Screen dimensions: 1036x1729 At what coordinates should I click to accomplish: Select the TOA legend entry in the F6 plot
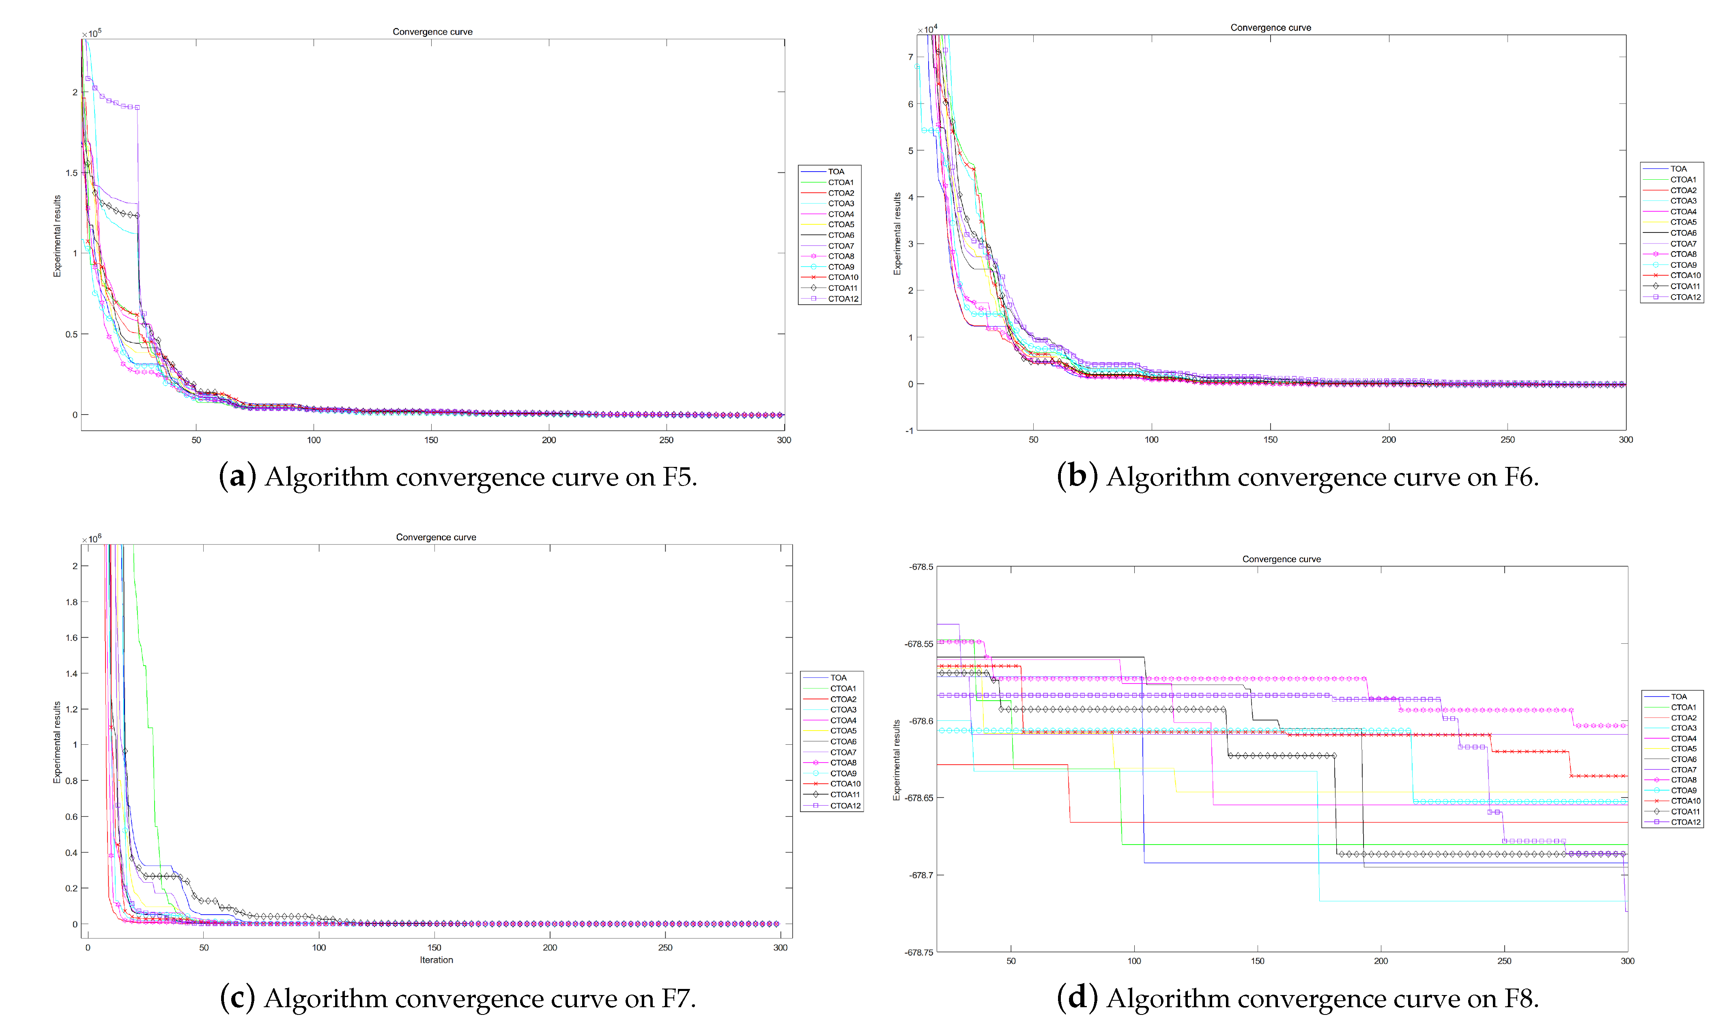(1678, 169)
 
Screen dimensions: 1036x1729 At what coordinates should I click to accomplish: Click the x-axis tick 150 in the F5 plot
(431, 440)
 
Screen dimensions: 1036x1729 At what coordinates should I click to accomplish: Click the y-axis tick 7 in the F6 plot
(910, 57)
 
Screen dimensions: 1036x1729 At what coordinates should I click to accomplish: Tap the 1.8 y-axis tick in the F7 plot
(71, 602)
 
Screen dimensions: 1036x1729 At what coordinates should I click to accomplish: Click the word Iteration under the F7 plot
(436, 960)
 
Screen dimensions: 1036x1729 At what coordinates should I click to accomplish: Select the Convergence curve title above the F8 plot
(1281, 559)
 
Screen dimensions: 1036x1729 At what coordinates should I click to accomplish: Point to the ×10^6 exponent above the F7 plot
(91, 539)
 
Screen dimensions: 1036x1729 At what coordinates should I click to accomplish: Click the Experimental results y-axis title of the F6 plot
(898, 234)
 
